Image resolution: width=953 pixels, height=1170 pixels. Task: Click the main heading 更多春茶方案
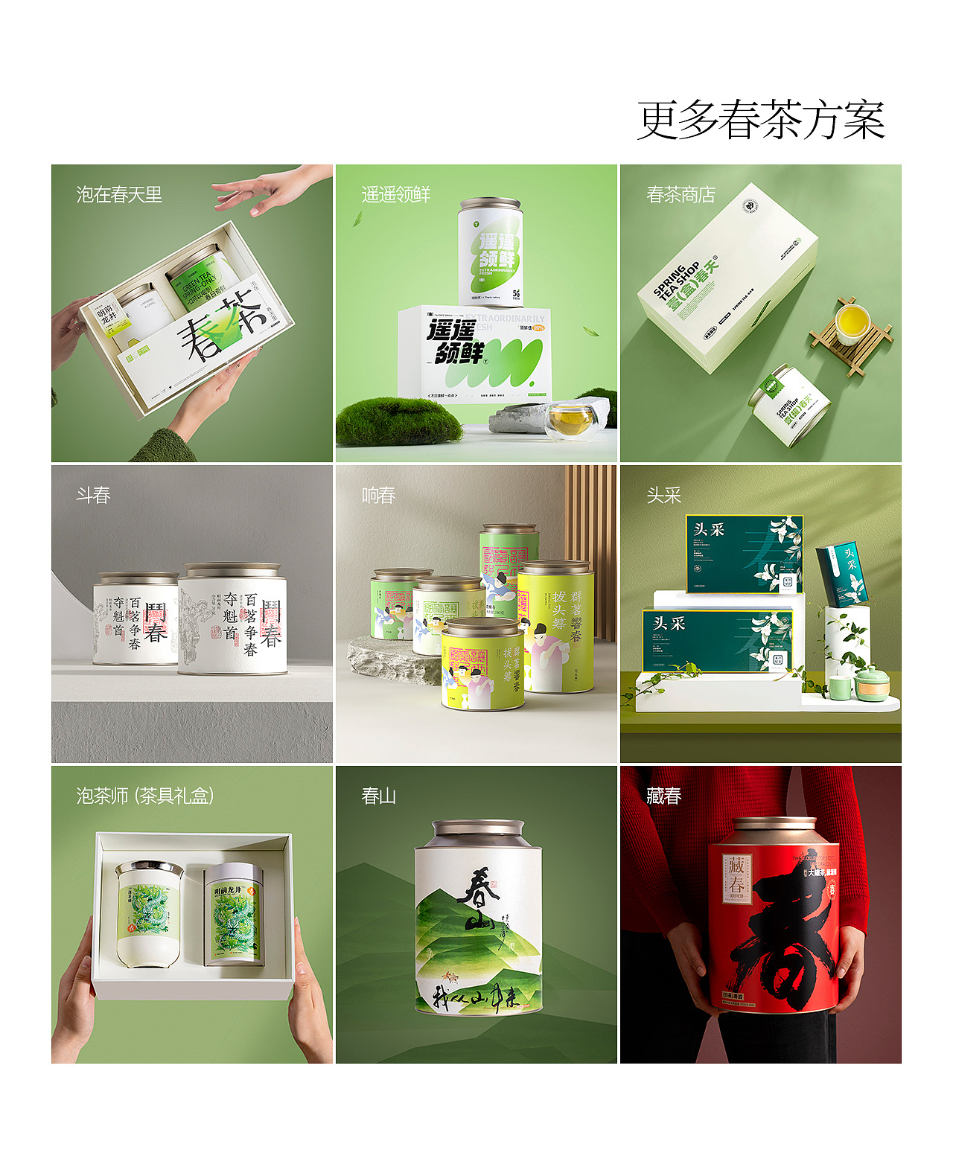point(760,120)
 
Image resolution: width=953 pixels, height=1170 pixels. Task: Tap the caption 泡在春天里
point(119,195)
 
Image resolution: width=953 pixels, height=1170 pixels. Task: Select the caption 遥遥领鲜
point(395,195)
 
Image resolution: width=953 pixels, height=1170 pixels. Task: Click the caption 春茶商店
point(681,195)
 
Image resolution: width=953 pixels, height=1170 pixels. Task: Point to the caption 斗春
point(93,496)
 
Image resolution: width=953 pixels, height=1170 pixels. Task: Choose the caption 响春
point(378,496)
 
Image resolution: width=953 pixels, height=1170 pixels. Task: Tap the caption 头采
point(663,496)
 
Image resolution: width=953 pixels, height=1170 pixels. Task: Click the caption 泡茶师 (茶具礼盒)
point(145,796)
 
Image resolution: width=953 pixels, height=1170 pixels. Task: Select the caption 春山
point(378,796)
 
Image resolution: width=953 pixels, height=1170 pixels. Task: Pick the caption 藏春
point(663,796)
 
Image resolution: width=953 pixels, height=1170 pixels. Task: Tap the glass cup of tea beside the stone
point(571,421)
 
